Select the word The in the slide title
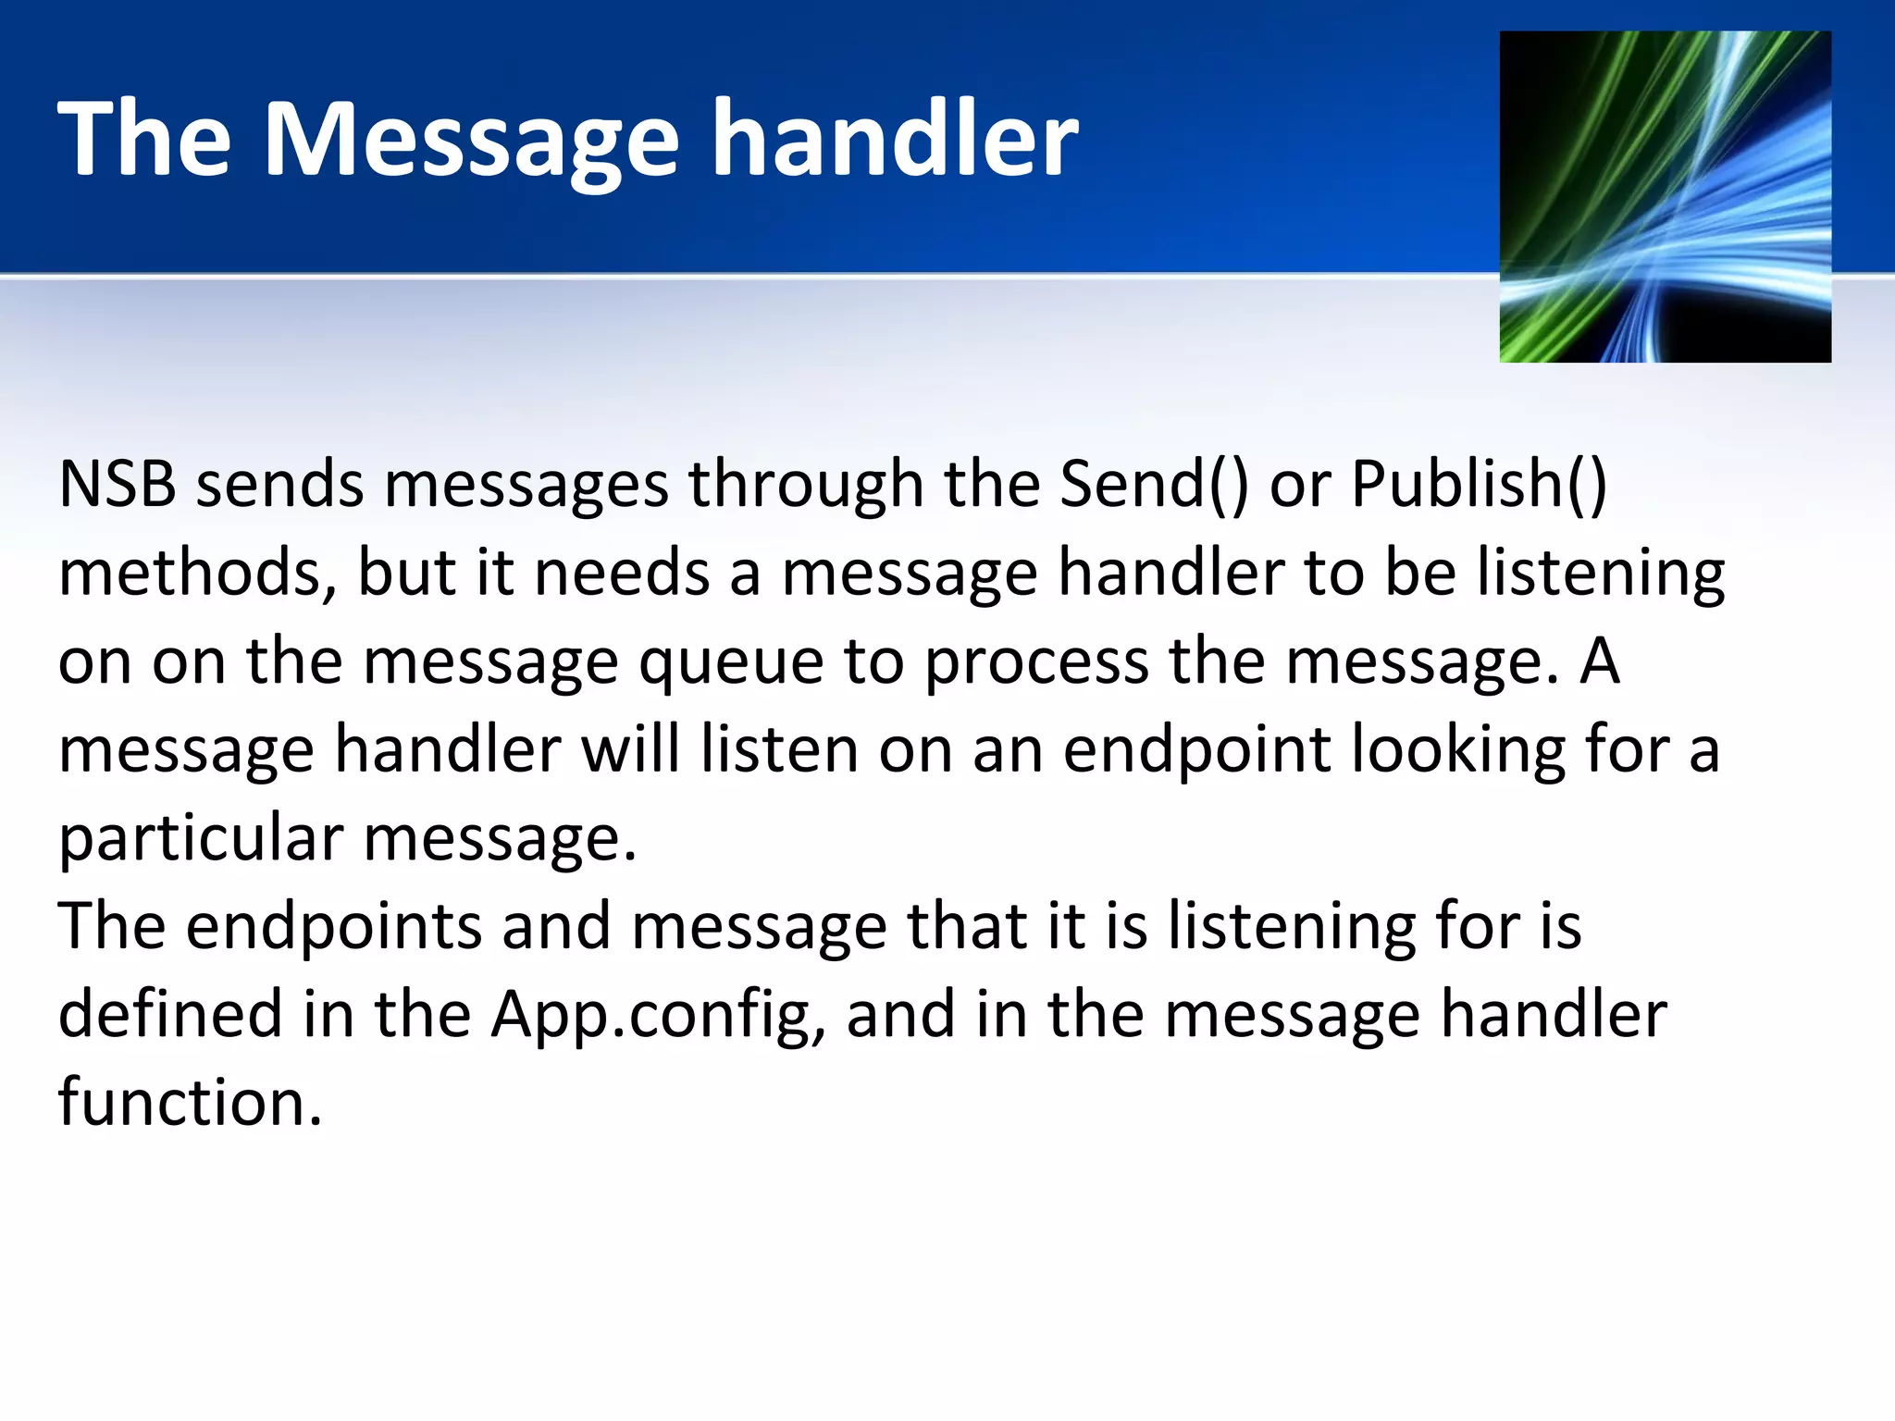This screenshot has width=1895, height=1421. tap(144, 139)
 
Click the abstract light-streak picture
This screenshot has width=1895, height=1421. tap(1665, 196)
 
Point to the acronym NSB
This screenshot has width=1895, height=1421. tap(117, 484)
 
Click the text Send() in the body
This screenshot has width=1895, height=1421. tap(1153, 484)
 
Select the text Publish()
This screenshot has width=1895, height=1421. tap(1479, 484)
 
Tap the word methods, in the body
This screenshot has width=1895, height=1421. tap(197, 573)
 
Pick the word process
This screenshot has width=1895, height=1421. tap(1036, 663)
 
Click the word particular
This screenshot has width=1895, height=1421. tap(201, 839)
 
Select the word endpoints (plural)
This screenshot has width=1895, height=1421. tap(333, 927)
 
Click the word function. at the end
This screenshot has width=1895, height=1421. tap(190, 1103)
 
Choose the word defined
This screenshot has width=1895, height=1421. tap(169, 1015)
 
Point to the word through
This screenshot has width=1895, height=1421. tap(805, 484)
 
